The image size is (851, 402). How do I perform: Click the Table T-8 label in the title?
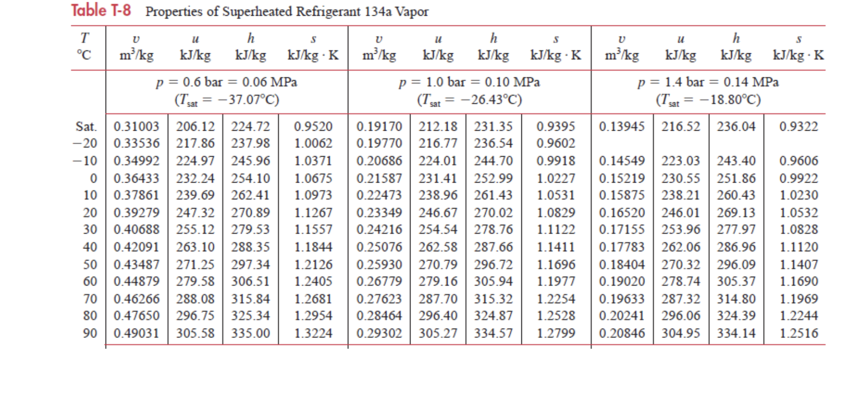pyautogui.click(x=101, y=10)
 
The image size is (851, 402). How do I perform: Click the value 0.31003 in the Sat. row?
pyautogui.click(x=136, y=127)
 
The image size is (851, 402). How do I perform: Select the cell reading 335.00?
pyautogui.click(x=250, y=334)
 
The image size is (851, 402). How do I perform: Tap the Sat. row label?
pyautogui.click(x=86, y=127)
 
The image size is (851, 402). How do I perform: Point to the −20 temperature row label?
pyautogui.click(x=85, y=144)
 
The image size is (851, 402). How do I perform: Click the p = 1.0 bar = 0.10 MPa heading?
pyautogui.click(x=469, y=82)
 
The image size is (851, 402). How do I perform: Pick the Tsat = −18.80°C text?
pyautogui.click(x=708, y=99)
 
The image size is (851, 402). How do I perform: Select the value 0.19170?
pyautogui.click(x=379, y=127)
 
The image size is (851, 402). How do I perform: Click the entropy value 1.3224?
pyautogui.click(x=313, y=334)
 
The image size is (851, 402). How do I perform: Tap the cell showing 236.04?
pyautogui.click(x=736, y=127)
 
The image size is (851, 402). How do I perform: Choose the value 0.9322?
pyautogui.click(x=798, y=127)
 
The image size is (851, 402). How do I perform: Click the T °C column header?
pyautogui.click(x=84, y=47)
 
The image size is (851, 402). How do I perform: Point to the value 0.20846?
pyautogui.click(x=622, y=334)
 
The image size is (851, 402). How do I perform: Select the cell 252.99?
pyautogui.click(x=493, y=179)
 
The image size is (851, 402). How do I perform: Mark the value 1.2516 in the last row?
pyautogui.click(x=798, y=334)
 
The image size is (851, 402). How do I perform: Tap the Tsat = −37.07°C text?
pyautogui.click(x=227, y=99)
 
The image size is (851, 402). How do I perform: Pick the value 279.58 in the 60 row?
pyautogui.click(x=195, y=282)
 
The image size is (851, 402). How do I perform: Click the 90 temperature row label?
pyautogui.click(x=90, y=334)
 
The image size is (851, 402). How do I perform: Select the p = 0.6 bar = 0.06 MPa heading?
pyautogui.click(x=226, y=82)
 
